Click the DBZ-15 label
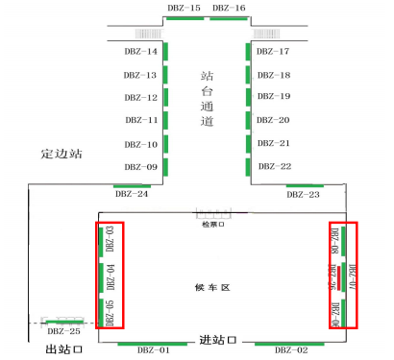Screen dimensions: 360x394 (x=185, y=9)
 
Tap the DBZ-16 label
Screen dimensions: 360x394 (x=229, y=9)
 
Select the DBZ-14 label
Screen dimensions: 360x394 (x=141, y=51)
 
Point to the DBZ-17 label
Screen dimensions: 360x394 (x=273, y=51)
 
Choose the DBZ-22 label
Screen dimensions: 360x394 (x=273, y=167)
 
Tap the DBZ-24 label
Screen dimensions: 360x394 (x=132, y=194)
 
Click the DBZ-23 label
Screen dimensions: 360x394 (x=303, y=194)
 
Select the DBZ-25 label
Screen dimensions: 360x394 (x=63, y=331)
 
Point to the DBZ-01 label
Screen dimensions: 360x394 (x=152, y=350)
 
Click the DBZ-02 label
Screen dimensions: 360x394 (x=291, y=350)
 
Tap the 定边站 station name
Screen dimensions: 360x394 (x=62, y=153)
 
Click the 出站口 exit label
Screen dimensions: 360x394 (x=64, y=350)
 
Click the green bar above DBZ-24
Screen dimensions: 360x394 (x=132, y=185)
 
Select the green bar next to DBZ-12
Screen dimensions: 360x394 (x=165, y=98)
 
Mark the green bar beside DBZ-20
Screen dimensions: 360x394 (x=249, y=121)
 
